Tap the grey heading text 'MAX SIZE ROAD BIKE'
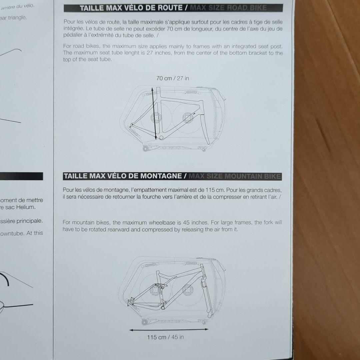(228, 8)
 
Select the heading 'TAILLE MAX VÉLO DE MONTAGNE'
(123, 176)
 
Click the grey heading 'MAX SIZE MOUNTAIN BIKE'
(235, 176)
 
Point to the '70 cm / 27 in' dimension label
(173, 78)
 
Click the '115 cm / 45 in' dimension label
(165, 337)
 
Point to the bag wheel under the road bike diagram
(145, 148)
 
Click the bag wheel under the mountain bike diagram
(145, 322)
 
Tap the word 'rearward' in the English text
(128, 229)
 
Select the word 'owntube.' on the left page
(11, 233)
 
